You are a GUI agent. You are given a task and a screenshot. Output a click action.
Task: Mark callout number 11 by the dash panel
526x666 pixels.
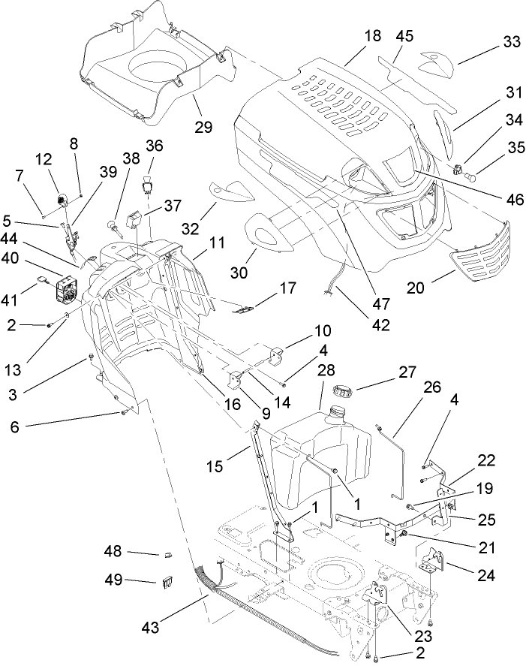216,243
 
